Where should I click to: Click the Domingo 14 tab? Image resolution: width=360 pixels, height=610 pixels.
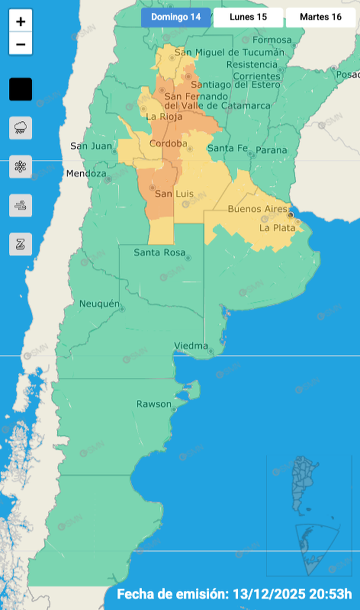[176, 17]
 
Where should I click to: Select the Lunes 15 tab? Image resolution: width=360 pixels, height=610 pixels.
[248, 17]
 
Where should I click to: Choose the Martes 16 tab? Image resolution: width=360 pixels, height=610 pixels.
[320, 17]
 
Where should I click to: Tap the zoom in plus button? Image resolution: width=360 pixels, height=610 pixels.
[21, 22]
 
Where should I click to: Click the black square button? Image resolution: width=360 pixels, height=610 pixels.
[21, 89]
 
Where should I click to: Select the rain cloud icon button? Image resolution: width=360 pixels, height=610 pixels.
[21, 127]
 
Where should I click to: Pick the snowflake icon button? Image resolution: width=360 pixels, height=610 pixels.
[21, 166]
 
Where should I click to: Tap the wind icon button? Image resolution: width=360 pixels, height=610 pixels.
[21, 205]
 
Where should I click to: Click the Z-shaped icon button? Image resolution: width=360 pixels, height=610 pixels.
[21, 244]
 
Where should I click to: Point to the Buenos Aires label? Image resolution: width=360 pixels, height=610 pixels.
[258, 209]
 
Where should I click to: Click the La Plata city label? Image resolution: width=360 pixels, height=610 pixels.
[276, 227]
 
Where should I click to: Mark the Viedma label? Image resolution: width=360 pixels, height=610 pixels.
[191, 345]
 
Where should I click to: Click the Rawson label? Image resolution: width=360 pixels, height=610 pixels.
[153, 404]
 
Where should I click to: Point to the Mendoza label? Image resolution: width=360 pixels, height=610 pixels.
[86, 173]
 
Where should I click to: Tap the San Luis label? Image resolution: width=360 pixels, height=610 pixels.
[174, 194]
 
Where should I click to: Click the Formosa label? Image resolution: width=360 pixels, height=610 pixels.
[272, 40]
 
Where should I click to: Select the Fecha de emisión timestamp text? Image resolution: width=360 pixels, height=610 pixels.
[234, 593]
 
